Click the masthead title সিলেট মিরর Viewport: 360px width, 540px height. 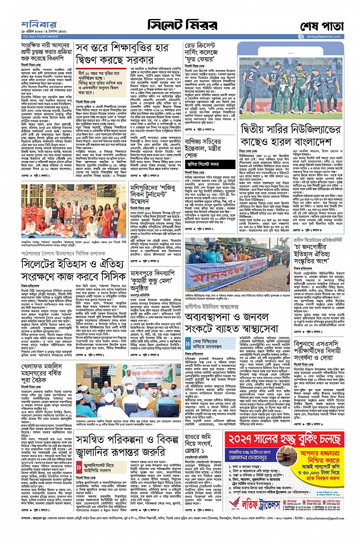tap(182, 26)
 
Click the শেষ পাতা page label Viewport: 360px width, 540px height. tap(322, 27)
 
